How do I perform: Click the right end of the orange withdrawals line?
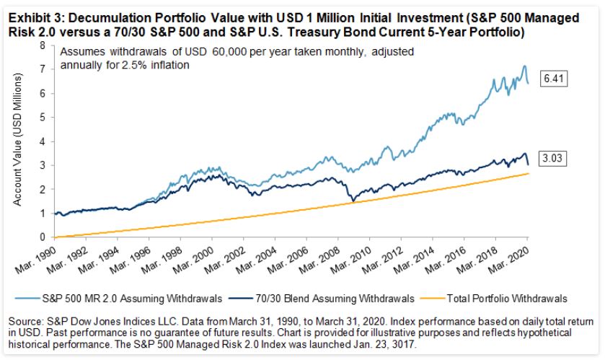tap(528, 173)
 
